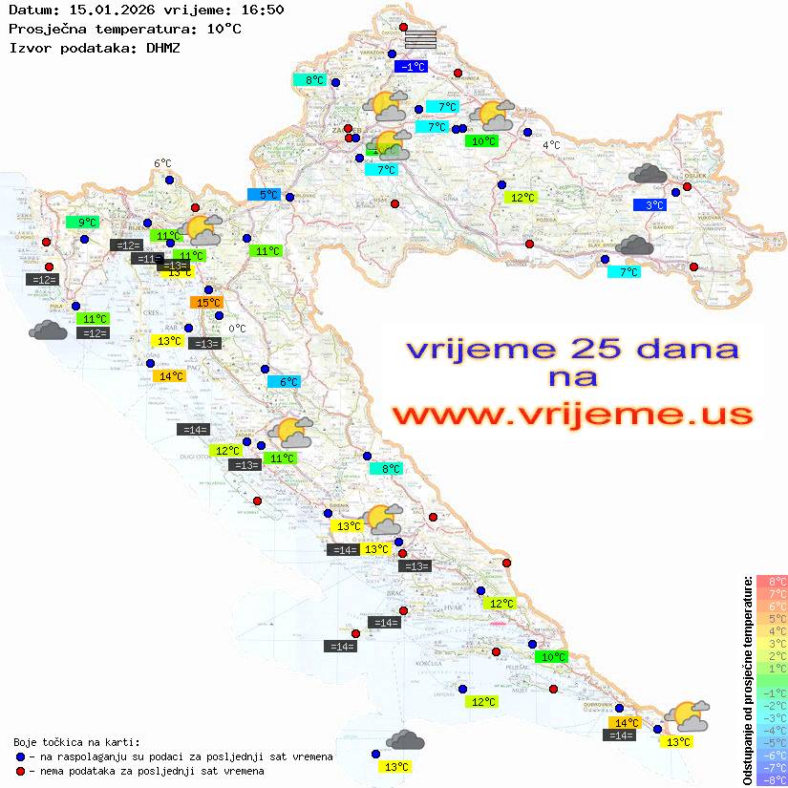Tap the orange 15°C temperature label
click(208, 303)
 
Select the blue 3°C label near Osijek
click(650, 205)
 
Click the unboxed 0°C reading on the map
click(237, 329)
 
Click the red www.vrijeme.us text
click(572, 415)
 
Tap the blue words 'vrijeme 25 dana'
click(572, 349)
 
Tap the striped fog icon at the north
click(420, 39)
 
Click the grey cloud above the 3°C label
click(649, 174)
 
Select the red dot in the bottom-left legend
click(21, 770)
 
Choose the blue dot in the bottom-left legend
click(21, 756)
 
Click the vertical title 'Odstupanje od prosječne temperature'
click(748, 680)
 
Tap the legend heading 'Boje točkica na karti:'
click(76, 741)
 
